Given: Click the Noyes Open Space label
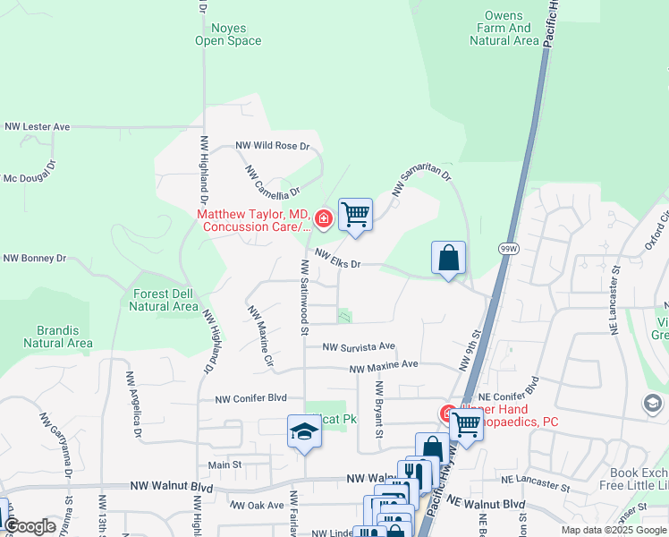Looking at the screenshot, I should pos(229,33).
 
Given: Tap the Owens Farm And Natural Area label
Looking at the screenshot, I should pos(503,28).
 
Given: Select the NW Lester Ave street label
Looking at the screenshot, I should pos(37,127).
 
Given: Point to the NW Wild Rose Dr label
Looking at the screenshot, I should pos(272,145).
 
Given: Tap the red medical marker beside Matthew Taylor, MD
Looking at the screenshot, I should pos(323,217).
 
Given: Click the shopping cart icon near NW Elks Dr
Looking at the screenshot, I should pos(356,214).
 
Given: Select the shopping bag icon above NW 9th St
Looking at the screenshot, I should pos(449,258).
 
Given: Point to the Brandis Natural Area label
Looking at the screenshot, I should pos(57,336).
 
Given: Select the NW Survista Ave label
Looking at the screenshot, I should pos(359,346).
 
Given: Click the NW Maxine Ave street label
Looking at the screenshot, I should pos(384,366).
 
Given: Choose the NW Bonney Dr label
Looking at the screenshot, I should pos(35,258).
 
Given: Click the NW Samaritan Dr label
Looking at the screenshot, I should pos(421,182).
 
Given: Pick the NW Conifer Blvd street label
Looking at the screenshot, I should pos(250,398).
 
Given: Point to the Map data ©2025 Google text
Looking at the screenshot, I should pos(613,530).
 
